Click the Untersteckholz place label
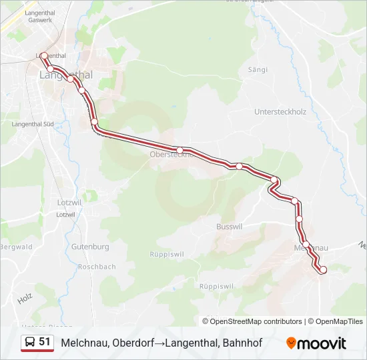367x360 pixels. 280,112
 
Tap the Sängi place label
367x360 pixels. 258,69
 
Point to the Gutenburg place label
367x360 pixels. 89,247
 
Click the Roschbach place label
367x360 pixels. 97,267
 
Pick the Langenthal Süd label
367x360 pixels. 33,124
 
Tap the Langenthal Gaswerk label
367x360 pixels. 40,17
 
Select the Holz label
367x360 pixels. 25,299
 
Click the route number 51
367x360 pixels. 45,342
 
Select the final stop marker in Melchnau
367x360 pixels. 323,269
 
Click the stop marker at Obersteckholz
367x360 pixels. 179,150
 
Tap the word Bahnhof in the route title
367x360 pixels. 242,343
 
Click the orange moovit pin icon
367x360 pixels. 291,343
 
